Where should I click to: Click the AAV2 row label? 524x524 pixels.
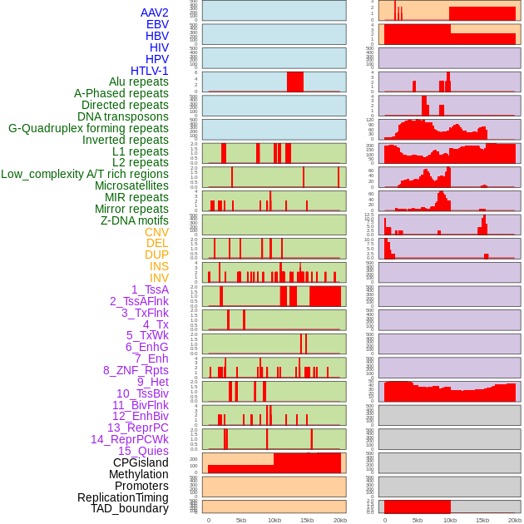(155, 12)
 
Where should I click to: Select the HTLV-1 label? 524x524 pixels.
(150, 71)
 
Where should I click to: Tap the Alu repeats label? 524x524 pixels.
(139, 82)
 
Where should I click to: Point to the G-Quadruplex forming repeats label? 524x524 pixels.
(88, 128)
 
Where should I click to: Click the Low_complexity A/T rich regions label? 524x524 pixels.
(85, 174)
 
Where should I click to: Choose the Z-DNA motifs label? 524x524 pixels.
(135, 220)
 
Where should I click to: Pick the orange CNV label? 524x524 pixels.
(156, 232)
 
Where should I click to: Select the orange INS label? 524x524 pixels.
(159, 266)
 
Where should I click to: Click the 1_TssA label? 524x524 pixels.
(150, 289)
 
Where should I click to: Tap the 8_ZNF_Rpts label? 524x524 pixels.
(136, 370)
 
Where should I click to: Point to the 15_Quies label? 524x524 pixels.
(143, 451)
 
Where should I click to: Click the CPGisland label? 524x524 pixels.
(141, 462)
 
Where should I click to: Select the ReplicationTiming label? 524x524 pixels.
(123, 497)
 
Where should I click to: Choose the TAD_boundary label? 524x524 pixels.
(130, 508)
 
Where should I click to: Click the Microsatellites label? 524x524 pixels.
(131, 185)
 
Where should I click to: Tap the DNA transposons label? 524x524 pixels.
(123, 116)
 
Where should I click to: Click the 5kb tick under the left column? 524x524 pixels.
(241, 520)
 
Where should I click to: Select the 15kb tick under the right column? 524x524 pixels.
(482, 520)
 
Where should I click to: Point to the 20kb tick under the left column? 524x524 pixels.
(339, 520)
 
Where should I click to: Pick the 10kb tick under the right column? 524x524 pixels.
(450, 520)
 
